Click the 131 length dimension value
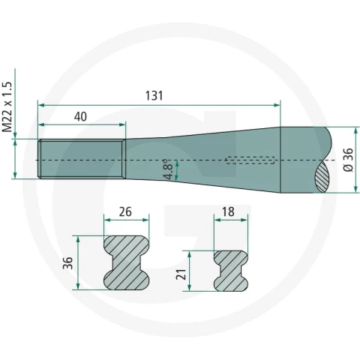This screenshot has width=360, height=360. click(154, 96)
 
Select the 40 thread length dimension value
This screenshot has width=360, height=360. click(80, 117)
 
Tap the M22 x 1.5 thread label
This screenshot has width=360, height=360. click(7, 106)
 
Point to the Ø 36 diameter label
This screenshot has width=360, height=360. click(349, 160)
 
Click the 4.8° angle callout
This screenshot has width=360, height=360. click(168, 169)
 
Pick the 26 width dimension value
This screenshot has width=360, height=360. click(125, 212)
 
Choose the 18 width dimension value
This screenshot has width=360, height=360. click(228, 212)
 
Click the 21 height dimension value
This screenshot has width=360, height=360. click(182, 274)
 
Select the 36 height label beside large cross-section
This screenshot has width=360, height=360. click(67, 262)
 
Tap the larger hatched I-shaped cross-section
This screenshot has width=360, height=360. click(127, 262)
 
